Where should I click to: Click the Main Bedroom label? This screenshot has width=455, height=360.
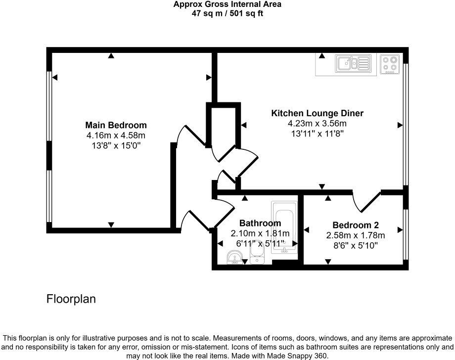[116, 125]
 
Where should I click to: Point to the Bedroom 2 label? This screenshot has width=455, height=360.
[355, 225]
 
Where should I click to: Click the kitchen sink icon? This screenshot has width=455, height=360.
[353, 63]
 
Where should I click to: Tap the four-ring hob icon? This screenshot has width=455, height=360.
[390, 64]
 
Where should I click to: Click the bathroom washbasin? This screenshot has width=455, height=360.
[235, 258]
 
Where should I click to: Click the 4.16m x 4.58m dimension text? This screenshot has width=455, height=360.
[116, 135]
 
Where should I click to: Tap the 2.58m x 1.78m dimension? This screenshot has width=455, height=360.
[355, 235]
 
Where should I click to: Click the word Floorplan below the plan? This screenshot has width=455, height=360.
[71, 299]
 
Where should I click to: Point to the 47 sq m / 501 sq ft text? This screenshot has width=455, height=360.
[227, 13]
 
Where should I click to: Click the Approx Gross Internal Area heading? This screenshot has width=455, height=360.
[227, 4]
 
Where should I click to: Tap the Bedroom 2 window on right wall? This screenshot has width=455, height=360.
[405, 234]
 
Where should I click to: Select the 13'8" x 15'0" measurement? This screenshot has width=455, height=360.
[116, 145]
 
